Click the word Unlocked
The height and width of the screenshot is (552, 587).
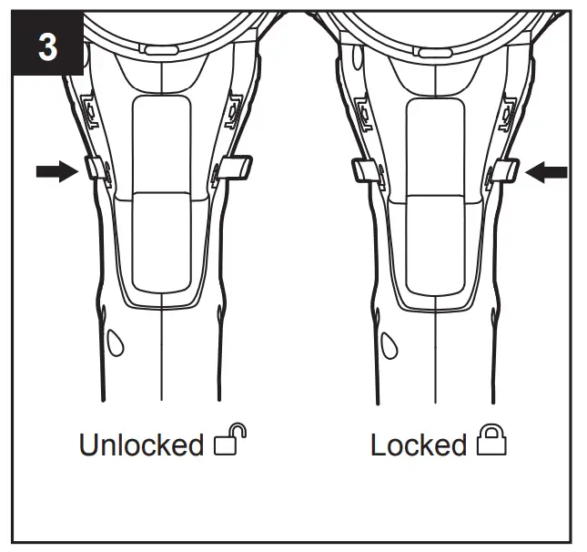(x=141, y=445)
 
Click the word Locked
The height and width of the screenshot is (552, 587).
(x=418, y=445)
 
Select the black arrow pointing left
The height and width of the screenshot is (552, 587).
(x=547, y=172)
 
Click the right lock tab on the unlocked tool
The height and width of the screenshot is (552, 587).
(x=236, y=168)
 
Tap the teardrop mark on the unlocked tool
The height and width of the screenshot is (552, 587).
(x=116, y=344)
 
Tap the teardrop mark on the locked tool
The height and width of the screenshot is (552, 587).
(x=389, y=344)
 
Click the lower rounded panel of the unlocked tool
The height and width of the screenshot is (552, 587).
(x=161, y=241)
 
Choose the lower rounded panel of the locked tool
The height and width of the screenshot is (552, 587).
(x=434, y=241)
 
